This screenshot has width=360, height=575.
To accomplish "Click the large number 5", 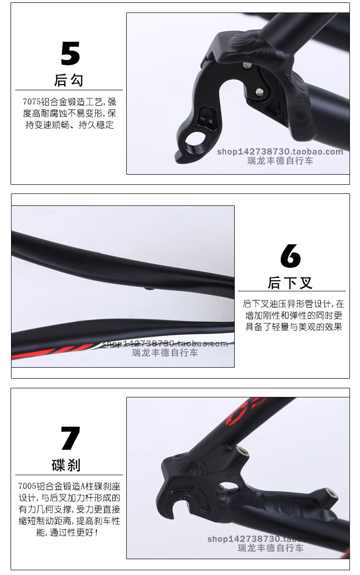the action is pyautogui.click(x=70, y=53).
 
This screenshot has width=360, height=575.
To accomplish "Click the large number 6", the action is pyautogui.click(x=290, y=256).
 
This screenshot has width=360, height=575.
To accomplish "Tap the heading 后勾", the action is pyautogui.click(x=69, y=80).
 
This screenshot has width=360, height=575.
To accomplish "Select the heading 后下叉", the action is pyautogui.click(x=290, y=283).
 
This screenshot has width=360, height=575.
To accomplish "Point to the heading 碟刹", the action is pyautogui.click(x=66, y=466).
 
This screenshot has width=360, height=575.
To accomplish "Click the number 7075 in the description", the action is pyautogui.click(x=32, y=102).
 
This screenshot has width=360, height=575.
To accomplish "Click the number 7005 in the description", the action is pyautogui.click(x=27, y=486).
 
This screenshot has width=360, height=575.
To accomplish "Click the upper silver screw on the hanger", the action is pyautogui.click(x=247, y=65).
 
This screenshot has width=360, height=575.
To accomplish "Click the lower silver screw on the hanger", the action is pyautogui.click(x=260, y=92).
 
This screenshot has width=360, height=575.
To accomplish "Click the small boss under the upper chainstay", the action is pyautogui.click(x=149, y=288).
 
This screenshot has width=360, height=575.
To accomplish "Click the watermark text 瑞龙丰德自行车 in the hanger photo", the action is pyautogui.click(x=280, y=161).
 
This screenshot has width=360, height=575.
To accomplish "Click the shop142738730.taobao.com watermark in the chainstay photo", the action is pyautogui.click(x=165, y=344).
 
